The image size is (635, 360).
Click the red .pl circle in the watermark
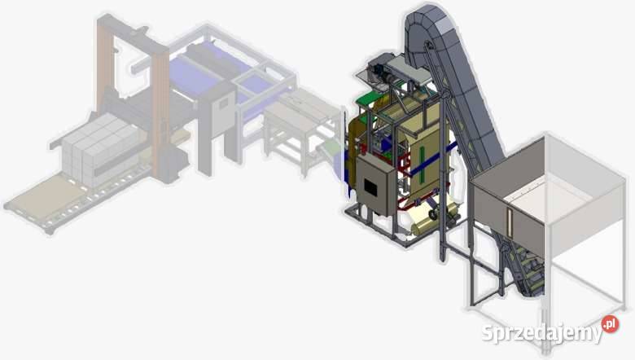pos(611,324)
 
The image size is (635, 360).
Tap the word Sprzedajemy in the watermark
pos(542,333)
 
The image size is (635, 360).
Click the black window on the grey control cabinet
pos(370,187)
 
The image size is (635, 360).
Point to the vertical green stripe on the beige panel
pos(422,164)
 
